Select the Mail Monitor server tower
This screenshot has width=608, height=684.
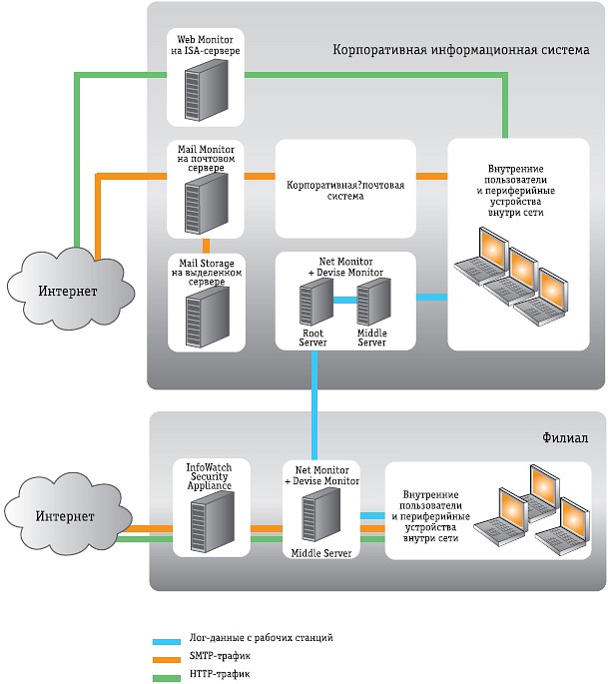pyautogui.click(x=204, y=201)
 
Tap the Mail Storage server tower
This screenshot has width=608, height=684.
pyautogui.click(x=204, y=315)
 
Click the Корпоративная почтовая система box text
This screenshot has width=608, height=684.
pyautogui.click(x=344, y=191)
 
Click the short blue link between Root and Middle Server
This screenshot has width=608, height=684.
pyautogui.click(x=342, y=300)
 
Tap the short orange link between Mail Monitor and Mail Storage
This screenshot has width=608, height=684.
pyautogui.click(x=205, y=245)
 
